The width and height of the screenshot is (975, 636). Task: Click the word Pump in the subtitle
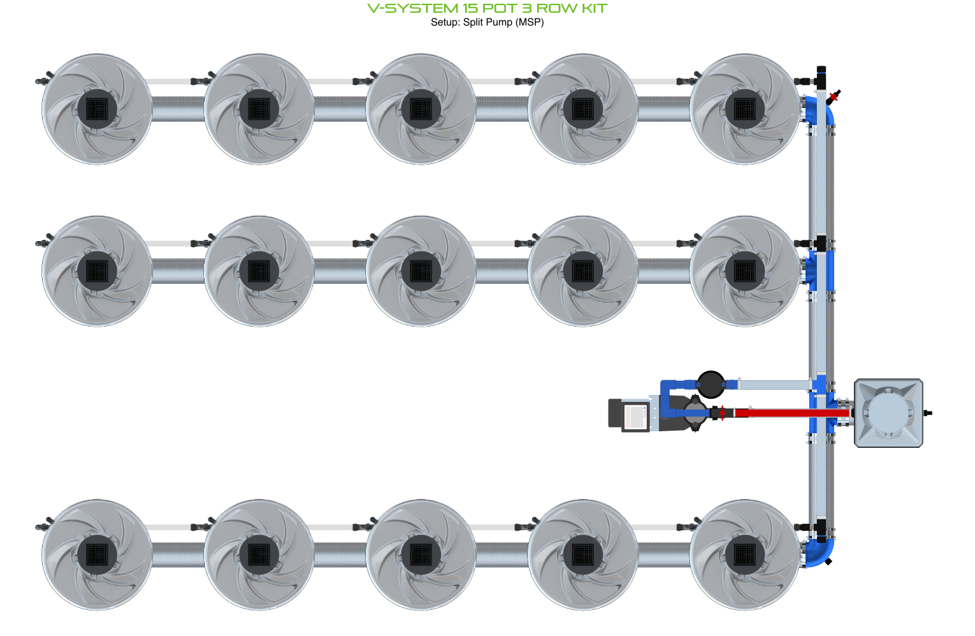pyautogui.click(x=499, y=22)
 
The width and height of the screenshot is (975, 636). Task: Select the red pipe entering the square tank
pyautogui.click(x=790, y=413)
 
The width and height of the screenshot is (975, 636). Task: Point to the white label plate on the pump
pyautogui.click(x=635, y=417)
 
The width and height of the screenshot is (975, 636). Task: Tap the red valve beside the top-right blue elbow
pyautogui.click(x=833, y=97)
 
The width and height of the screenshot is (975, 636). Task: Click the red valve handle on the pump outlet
pyautogui.click(x=721, y=413)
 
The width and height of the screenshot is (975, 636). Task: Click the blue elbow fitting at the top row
pyautogui.click(x=820, y=110)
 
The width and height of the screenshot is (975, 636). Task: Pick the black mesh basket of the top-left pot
pyautogui.click(x=97, y=109)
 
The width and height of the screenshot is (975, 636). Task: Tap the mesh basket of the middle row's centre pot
pyautogui.click(x=421, y=271)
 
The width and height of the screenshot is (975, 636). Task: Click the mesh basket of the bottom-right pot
pyautogui.click(x=745, y=554)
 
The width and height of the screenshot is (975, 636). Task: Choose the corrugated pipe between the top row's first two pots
pyautogui.click(x=178, y=109)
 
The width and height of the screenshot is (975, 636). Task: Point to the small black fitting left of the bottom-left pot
pyautogui.click(x=43, y=527)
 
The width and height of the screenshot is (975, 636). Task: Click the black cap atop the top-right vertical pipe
pyautogui.click(x=821, y=69)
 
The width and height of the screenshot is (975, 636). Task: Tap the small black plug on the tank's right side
pyautogui.click(x=928, y=413)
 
